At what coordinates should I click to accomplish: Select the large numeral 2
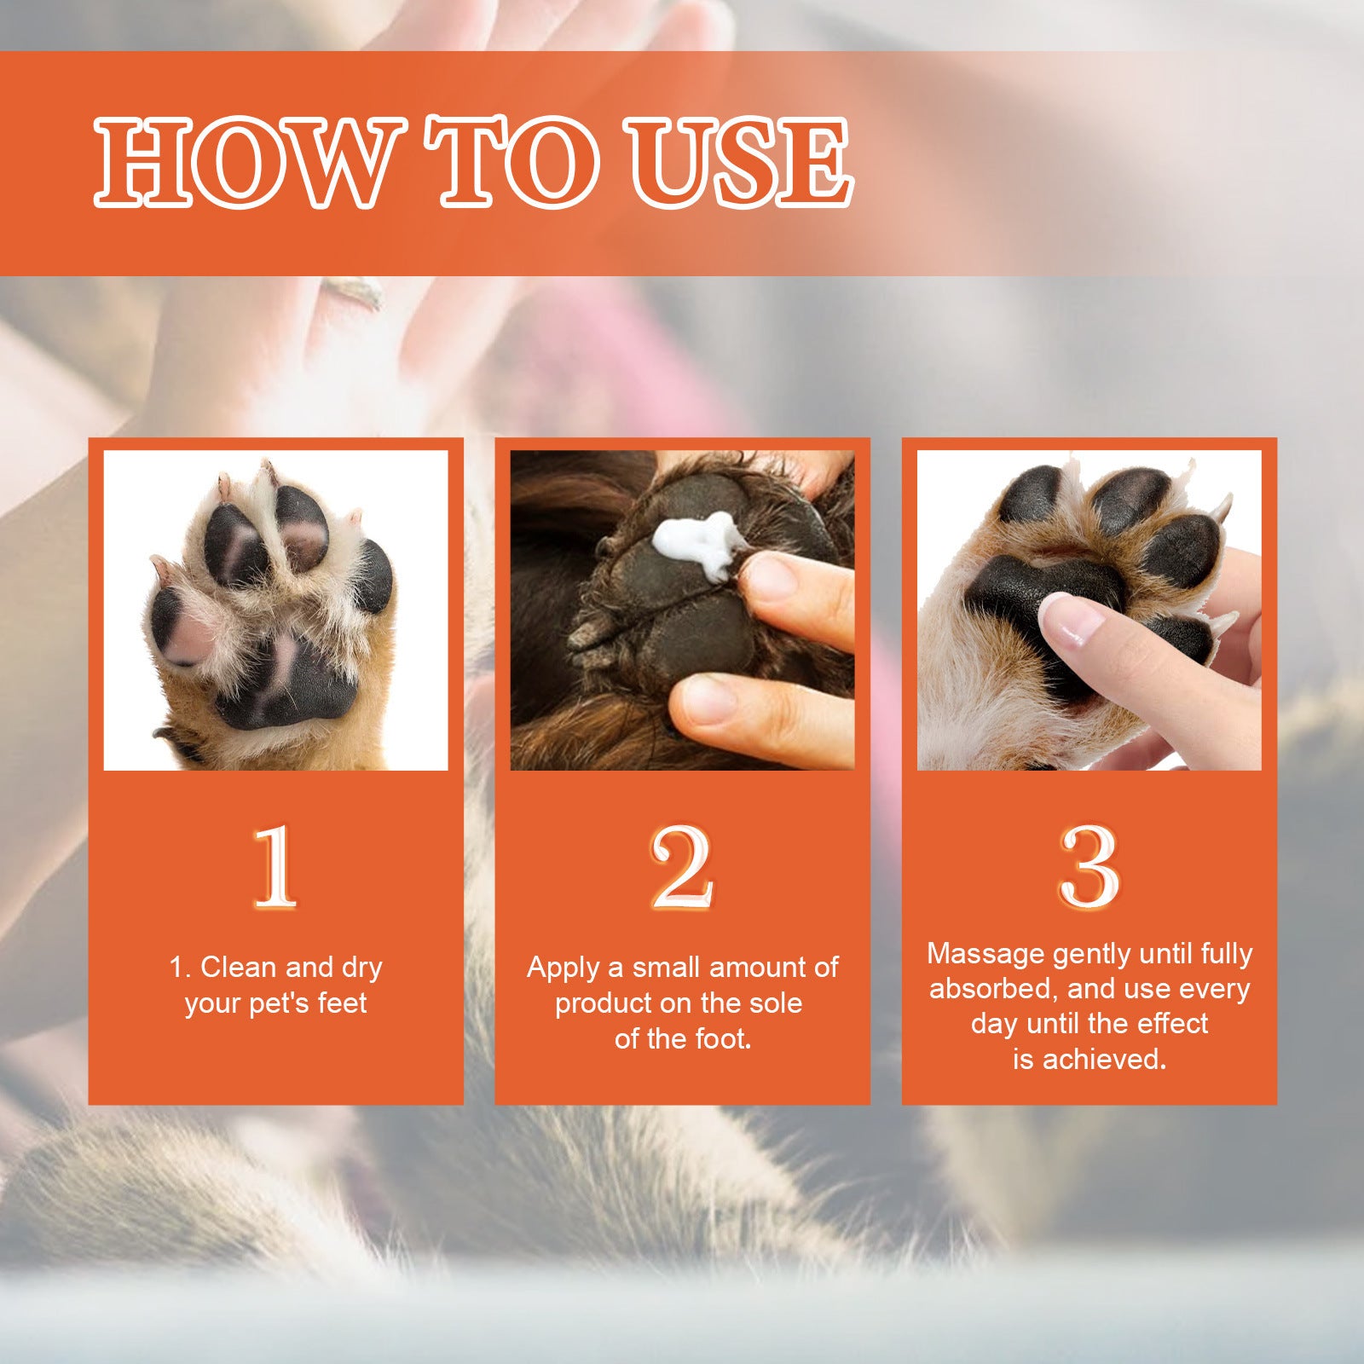coord(681,868)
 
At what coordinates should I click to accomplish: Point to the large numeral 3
coord(1089,868)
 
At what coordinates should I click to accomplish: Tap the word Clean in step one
coord(239,968)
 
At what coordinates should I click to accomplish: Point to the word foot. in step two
coord(724,1039)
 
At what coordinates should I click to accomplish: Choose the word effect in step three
coord(1170,1024)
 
